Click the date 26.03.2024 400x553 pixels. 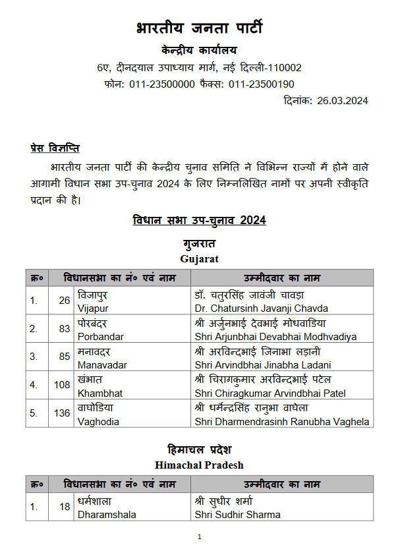342,100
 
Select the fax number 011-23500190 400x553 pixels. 261,84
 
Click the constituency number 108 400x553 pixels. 62,385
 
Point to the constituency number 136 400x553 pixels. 62,413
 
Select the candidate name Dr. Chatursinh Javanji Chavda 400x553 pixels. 261,308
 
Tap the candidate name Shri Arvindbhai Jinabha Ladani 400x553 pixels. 263,364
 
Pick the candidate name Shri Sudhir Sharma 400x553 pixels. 237,514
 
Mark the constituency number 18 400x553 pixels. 65,506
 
